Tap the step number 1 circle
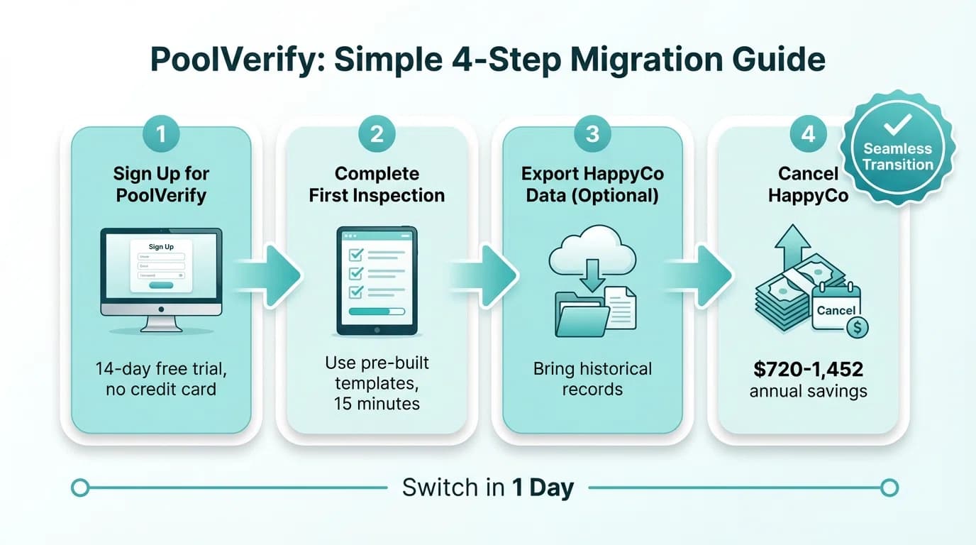(161, 133)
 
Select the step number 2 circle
(377, 133)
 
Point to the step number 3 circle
(592, 133)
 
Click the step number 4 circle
(808, 133)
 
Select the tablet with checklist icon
(377, 280)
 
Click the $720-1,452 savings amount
(808, 369)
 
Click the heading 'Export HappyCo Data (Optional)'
(592, 185)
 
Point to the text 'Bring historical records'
(592, 379)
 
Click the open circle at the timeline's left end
(81, 488)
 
